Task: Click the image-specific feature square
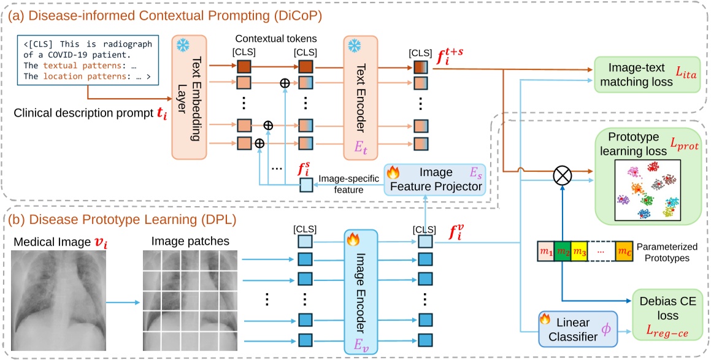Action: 306,184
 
